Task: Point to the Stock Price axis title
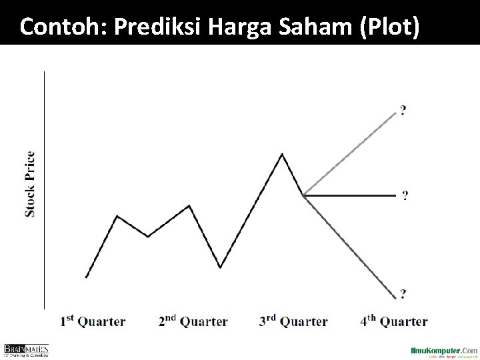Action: [30, 184]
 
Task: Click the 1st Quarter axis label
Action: [93, 321]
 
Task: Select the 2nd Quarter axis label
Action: [193, 321]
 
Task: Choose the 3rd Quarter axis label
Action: [293, 321]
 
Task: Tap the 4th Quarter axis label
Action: [394, 321]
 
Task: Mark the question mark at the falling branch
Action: [403, 293]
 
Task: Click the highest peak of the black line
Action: [282, 155]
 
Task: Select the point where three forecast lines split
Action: [303, 195]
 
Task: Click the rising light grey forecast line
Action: [350, 153]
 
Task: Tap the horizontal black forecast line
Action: [350, 195]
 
